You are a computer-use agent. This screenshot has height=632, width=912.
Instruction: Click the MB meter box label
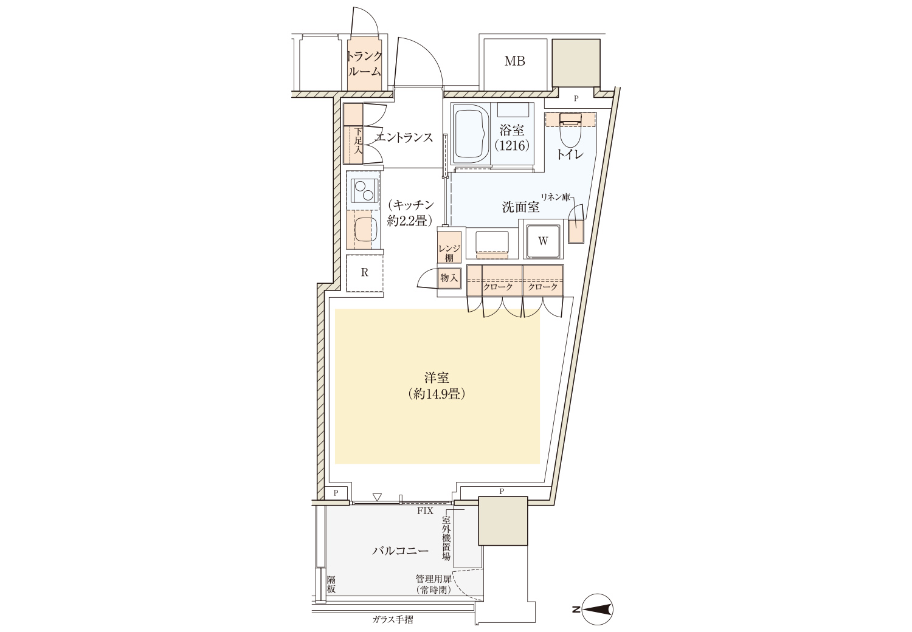514,61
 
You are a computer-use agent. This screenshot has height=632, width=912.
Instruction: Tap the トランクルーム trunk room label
364,63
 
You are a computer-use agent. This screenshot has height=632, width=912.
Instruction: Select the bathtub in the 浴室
471,137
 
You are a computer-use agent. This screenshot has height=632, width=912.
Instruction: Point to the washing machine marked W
543,241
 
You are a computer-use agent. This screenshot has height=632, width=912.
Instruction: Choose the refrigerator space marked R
364,273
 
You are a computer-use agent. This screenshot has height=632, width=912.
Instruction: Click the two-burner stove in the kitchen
79,190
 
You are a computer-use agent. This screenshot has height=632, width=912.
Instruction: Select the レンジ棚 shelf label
449,253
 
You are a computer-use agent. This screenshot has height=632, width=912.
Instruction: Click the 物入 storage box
449,278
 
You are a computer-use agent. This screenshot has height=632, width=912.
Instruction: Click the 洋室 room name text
437,378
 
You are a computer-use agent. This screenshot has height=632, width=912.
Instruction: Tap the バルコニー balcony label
401,551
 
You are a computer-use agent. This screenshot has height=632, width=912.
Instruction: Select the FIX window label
425,512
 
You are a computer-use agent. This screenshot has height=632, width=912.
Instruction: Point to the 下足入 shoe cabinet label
74,141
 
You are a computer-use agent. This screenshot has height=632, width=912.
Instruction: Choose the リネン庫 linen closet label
555,197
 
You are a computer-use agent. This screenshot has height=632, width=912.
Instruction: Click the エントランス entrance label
404,137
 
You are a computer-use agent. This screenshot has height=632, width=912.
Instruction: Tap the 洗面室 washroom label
520,208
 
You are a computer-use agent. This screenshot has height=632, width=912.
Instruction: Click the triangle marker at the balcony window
377,498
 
